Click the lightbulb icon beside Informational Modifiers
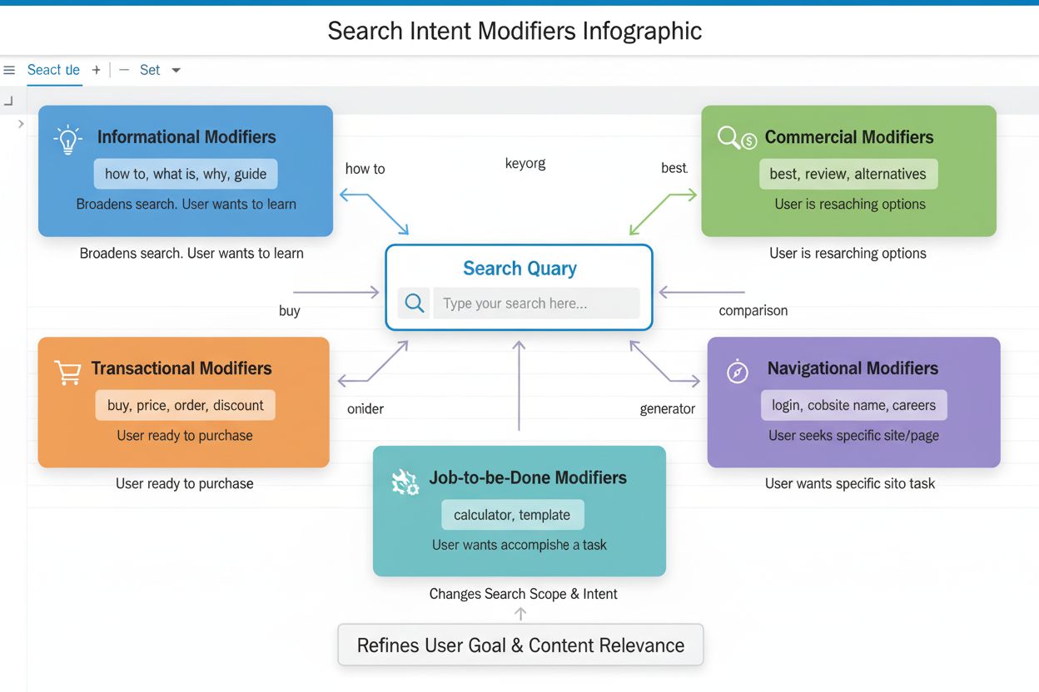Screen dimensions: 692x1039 point(67,139)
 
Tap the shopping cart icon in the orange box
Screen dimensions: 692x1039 point(67,372)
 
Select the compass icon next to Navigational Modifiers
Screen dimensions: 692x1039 point(738,371)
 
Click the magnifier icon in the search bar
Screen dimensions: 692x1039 point(415,304)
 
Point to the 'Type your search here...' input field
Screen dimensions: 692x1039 point(536,304)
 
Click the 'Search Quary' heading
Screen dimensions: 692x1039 point(519,269)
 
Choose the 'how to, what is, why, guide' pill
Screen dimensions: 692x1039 point(186,174)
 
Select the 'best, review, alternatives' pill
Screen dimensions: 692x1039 point(848,174)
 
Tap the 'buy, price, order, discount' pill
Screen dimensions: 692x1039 point(185,405)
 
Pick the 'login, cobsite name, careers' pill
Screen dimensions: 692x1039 point(853,405)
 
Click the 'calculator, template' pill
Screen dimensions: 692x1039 point(512,515)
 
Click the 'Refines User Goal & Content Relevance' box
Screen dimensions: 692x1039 point(520,645)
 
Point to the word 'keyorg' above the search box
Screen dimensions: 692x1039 point(525,163)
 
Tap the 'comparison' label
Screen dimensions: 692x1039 point(753,310)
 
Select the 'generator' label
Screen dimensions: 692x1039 point(667,408)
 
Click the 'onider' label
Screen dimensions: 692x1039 point(365,408)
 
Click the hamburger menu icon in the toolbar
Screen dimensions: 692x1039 point(9,70)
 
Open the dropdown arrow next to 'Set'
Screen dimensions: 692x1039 point(176,70)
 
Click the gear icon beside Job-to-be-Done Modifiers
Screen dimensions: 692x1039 point(405,482)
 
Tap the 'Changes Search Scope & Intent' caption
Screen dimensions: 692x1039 point(523,594)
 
